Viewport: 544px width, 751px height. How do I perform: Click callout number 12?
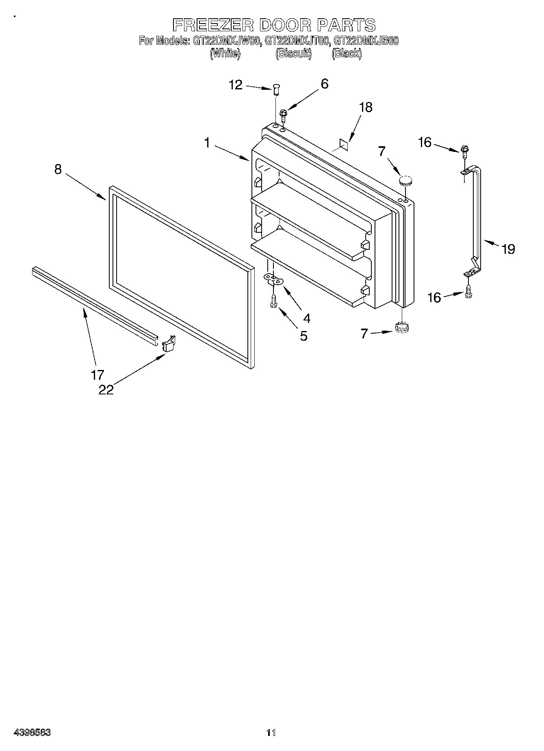(236, 85)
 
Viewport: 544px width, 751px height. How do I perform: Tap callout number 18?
(366, 107)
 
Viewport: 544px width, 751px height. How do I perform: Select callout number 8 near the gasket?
(58, 169)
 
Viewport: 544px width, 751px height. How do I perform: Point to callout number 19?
(508, 249)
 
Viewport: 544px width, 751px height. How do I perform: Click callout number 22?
(106, 389)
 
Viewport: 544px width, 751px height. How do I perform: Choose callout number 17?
(98, 374)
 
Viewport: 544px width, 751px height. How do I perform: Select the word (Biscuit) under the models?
(293, 53)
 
